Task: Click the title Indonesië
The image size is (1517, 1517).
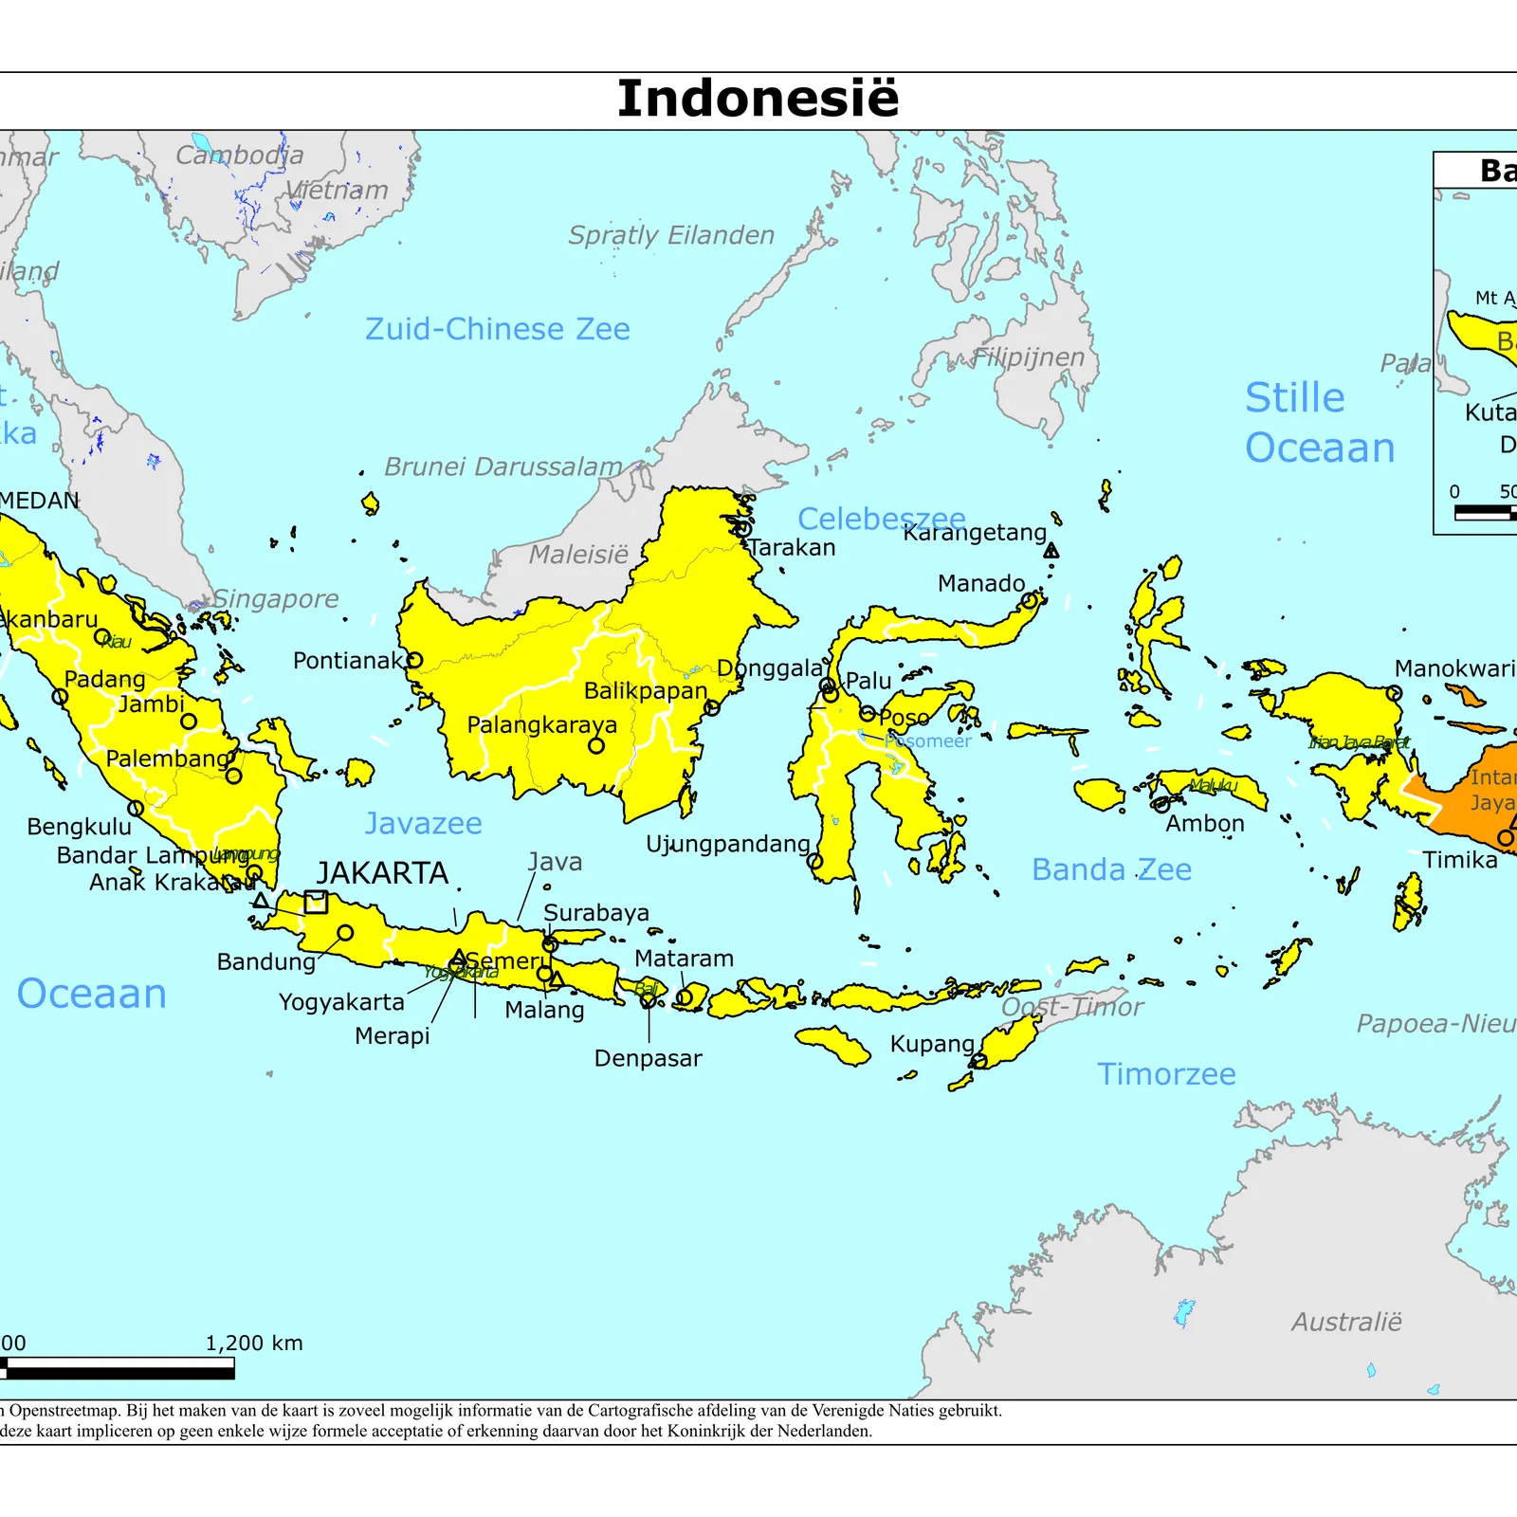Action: tap(758, 99)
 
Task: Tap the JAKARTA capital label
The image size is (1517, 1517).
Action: tap(382, 873)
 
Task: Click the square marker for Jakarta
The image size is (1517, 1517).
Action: tap(316, 902)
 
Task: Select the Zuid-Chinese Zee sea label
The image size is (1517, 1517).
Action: tap(497, 329)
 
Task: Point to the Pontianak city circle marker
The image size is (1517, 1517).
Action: tap(414, 660)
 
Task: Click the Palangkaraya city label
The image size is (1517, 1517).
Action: tap(541, 725)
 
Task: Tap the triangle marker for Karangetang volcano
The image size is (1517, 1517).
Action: tap(1051, 550)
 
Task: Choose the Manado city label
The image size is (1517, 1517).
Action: tap(980, 583)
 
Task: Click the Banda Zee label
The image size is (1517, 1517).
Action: tap(1111, 869)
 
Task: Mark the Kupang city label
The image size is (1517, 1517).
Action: tap(931, 1044)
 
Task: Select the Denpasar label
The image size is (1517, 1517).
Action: tap(648, 1058)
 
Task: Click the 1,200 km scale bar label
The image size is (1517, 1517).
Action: tap(254, 1343)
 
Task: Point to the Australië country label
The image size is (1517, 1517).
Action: tap(1345, 1322)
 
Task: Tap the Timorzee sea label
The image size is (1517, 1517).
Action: tap(1166, 1074)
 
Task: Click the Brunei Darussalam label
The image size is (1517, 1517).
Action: tap(503, 466)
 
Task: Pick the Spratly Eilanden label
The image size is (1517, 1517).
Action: tap(670, 235)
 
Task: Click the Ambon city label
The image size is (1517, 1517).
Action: tap(1204, 823)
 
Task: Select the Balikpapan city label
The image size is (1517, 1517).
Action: tap(645, 691)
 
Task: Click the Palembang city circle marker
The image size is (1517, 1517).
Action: tap(233, 776)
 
